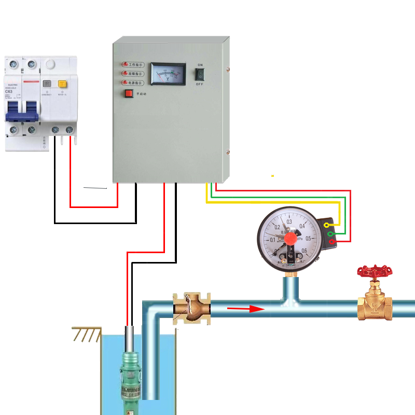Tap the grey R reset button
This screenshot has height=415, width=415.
pyautogui.click(x=48, y=83)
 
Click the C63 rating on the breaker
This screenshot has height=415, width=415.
pyautogui.click(x=9, y=92)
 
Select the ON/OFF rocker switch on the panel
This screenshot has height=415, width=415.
pyautogui.click(x=200, y=74)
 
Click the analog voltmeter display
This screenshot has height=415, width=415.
pyautogui.click(x=168, y=74)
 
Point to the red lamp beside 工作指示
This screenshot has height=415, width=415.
pyautogui.click(x=125, y=65)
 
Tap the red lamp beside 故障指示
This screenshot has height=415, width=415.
pyautogui.click(x=125, y=74)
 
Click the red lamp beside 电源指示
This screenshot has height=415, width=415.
pyautogui.click(x=125, y=82)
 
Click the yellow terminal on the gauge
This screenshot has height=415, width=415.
pyautogui.click(x=326, y=226)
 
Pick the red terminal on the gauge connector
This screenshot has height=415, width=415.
pyautogui.click(x=331, y=242)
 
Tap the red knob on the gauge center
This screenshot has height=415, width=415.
pyautogui.click(x=291, y=239)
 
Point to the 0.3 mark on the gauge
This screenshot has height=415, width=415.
pyautogui.click(x=289, y=222)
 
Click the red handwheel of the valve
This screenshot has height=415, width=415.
pyautogui.click(x=375, y=271)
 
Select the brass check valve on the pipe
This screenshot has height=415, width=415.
pyautogui.click(x=191, y=309)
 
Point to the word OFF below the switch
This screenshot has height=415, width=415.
pyautogui.click(x=200, y=84)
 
